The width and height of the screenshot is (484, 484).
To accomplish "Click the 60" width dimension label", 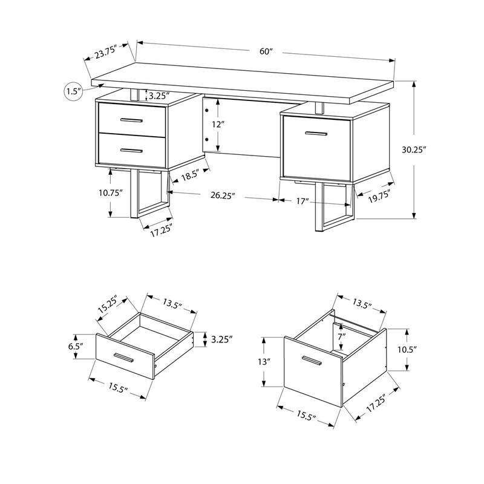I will click(266, 51).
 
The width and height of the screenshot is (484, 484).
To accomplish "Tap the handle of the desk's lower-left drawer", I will click(131, 149).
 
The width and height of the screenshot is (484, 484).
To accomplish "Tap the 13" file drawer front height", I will click(264, 362).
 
